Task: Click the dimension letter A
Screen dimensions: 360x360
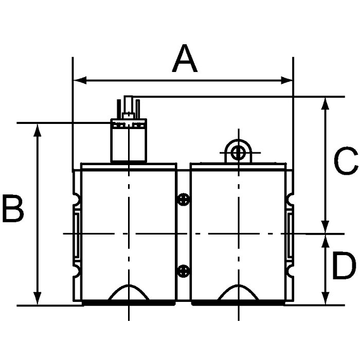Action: pos(185,58)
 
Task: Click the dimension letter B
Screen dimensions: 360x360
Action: pos(13,208)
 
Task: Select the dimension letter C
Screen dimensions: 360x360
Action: pos(346,160)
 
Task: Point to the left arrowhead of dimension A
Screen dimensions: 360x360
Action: pos(80,81)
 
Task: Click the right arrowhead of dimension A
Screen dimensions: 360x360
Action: pos(287,81)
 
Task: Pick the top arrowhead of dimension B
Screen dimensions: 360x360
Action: pos(37,130)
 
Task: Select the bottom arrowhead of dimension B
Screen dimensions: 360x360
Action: pos(37,298)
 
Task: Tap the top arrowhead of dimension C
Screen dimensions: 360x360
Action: pos(325,104)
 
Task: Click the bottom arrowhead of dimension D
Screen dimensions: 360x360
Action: pos(325,298)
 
